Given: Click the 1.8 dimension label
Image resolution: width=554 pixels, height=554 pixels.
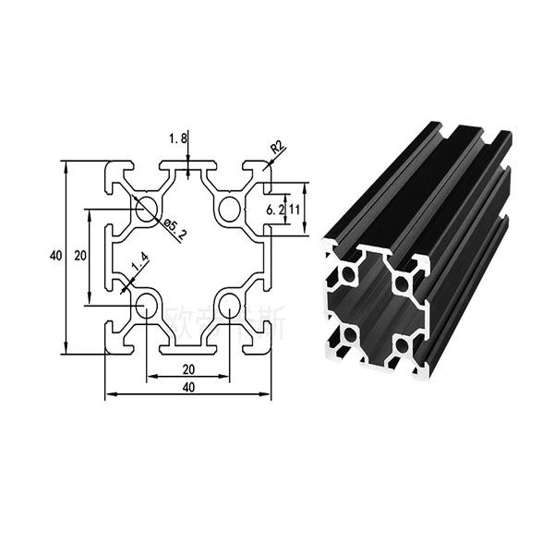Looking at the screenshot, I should [178, 138].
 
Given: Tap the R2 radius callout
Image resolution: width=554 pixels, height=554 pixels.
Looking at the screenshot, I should [276, 147].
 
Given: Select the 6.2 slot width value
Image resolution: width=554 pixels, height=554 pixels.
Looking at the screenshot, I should [274, 210].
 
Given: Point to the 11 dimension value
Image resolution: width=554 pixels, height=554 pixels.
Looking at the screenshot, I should [295, 210].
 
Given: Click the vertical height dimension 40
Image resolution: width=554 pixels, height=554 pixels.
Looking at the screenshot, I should [55, 255].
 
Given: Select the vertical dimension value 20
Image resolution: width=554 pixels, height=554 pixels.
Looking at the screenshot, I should [80, 255].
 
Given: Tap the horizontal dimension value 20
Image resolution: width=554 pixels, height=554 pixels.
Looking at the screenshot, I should [188, 368].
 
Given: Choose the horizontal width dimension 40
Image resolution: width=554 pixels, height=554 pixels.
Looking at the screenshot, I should [188, 388].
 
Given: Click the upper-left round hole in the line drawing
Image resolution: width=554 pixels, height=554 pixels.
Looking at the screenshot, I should [146, 209].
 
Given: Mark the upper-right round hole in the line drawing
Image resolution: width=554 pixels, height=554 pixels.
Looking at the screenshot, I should [229, 209].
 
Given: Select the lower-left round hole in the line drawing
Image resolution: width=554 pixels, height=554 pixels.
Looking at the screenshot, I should [146, 307].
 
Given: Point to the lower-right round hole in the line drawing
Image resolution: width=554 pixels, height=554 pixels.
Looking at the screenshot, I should [230, 307].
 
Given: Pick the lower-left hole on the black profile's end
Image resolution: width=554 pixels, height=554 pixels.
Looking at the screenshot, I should [352, 334].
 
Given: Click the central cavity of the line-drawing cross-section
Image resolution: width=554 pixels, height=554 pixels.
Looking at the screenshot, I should [188, 257].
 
